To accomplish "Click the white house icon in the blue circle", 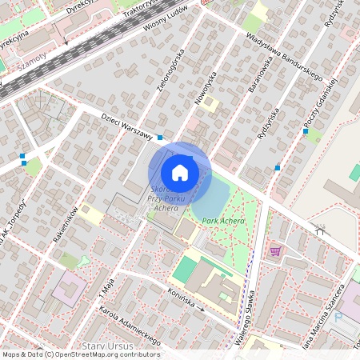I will (180, 171).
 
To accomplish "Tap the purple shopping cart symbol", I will (275, 250).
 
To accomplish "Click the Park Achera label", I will (223, 220).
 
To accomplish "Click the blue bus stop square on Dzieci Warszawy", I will (160, 138).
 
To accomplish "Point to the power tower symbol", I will (321, 230).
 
